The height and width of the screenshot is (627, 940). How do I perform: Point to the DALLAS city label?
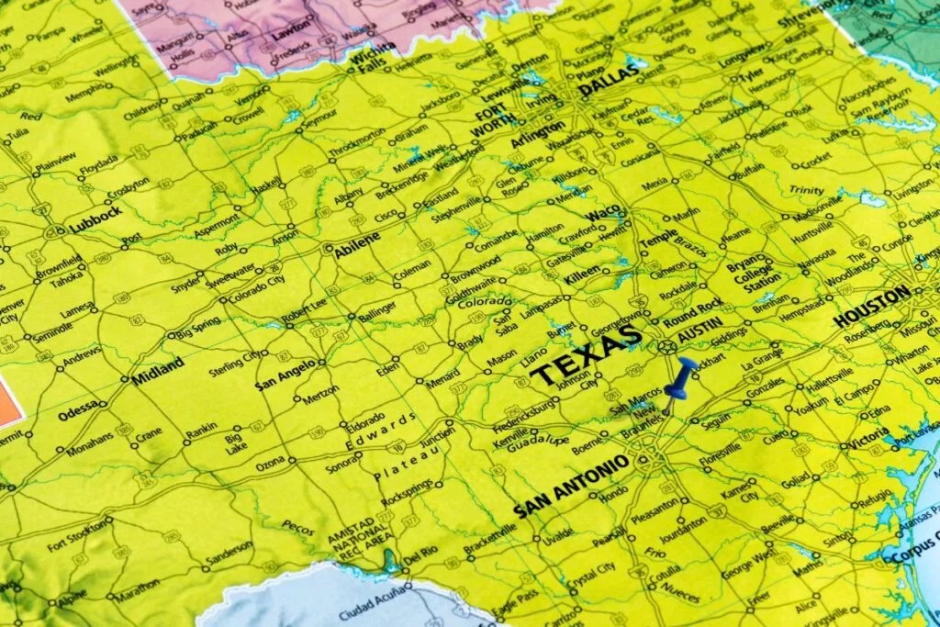pyautogui.click(x=607, y=85)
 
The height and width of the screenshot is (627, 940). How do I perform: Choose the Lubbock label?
pyautogui.click(x=95, y=217)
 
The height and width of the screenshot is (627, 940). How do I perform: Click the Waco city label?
pyautogui.click(x=603, y=214)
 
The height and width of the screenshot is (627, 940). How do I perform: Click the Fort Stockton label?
pyautogui.click(x=78, y=535)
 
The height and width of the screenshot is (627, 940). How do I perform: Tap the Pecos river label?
pyautogui.click(x=299, y=528)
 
